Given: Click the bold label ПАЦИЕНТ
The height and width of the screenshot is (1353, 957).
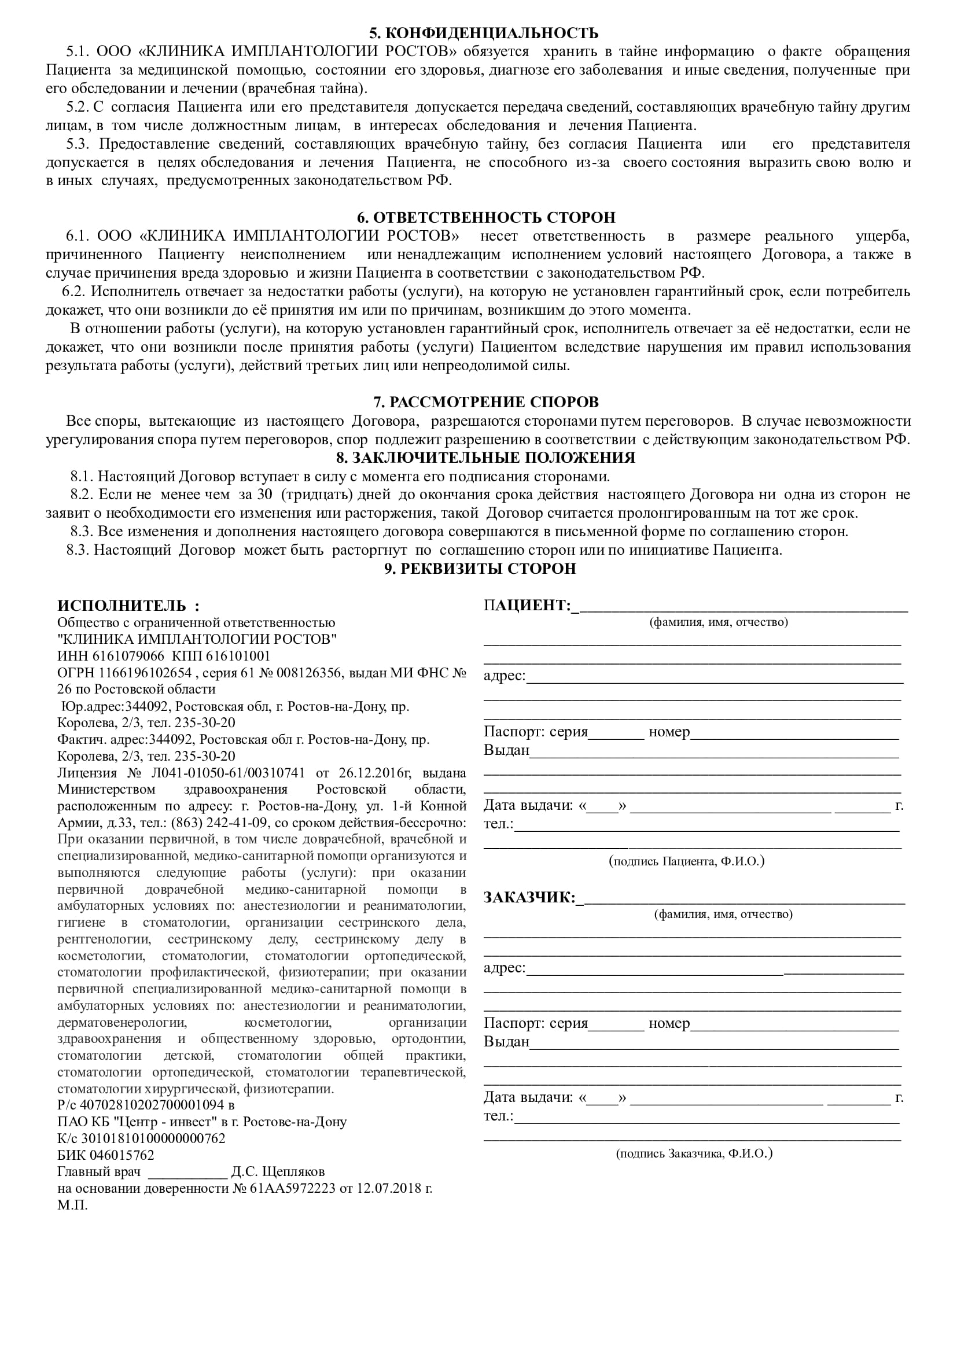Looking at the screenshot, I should click(526, 605).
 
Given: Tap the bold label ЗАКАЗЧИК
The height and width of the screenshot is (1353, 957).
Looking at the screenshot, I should click(529, 898).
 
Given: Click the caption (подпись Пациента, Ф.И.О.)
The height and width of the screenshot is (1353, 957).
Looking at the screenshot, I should click(687, 861).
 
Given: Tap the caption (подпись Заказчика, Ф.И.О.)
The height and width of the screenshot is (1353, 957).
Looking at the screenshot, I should click(694, 1153).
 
